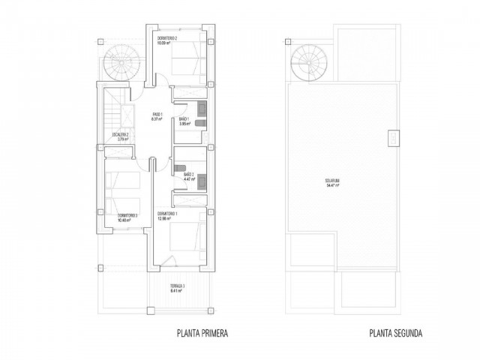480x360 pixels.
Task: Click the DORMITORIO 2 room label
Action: click(x=167, y=38)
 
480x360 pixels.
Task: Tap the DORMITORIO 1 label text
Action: click(x=172, y=214)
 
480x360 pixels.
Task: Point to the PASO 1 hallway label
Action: click(x=157, y=114)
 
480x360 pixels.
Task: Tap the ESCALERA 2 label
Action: click(x=120, y=135)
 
